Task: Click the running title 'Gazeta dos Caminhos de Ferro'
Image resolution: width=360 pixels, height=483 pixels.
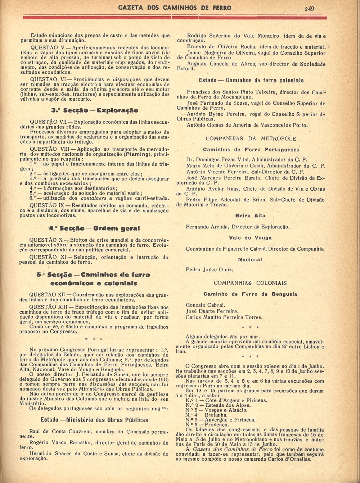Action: (x=175, y=8)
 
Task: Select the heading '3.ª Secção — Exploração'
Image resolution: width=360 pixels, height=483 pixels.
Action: (x=95, y=110)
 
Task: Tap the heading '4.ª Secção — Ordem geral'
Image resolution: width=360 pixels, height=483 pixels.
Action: (x=94, y=228)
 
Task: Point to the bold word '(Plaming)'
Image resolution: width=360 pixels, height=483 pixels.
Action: (x=136, y=154)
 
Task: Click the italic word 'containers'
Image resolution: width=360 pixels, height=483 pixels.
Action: (x=94, y=198)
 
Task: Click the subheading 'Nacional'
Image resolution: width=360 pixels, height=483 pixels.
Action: (x=250, y=260)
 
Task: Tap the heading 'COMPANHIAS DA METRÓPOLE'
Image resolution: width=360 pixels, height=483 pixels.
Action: (x=251, y=138)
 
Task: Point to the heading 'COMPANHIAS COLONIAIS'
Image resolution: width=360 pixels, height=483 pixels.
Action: (x=250, y=283)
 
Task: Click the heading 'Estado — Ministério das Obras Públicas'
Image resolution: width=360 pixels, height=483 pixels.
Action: (x=94, y=420)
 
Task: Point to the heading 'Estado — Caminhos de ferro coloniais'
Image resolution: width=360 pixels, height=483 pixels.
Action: (x=251, y=81)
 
